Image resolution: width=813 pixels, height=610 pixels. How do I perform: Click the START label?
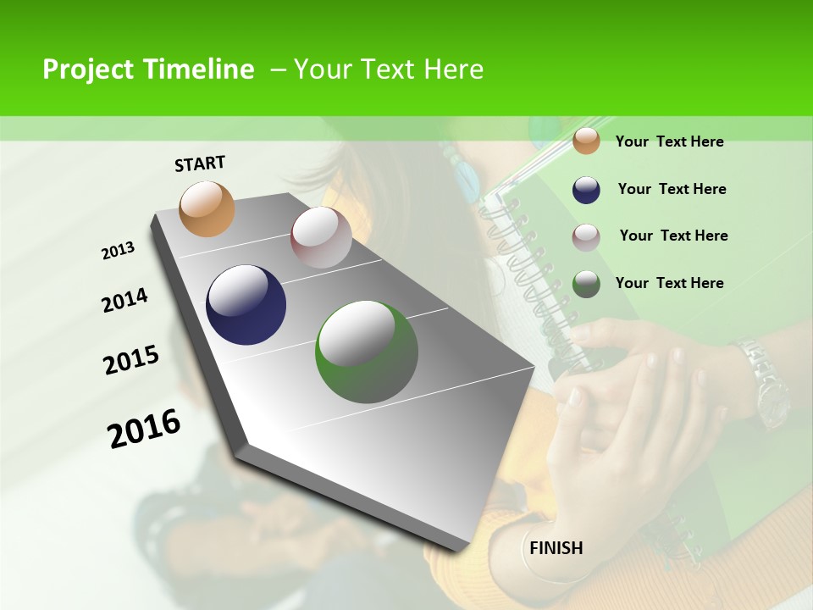click(200, 164)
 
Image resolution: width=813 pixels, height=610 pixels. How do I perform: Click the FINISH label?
click(556, 548)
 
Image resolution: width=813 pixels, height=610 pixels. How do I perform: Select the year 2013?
click(118, 251)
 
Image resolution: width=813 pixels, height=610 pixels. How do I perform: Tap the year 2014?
click(124, 301)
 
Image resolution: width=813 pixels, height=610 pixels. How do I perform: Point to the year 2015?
click(131, 360)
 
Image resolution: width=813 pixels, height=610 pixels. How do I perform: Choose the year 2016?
click(144, 429)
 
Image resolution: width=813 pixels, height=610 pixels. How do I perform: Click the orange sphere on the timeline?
click(207, 208)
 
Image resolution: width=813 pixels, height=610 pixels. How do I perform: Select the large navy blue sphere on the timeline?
click(246, 305)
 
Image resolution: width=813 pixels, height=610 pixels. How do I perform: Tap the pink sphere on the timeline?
click(321, 237)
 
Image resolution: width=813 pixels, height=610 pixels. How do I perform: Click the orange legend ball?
click(586, 141)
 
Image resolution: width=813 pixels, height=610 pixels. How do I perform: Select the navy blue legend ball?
click(586, 190)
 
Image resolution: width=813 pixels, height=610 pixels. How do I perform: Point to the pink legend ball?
click(586, 237)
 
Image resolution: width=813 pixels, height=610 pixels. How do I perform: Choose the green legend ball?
click(586, 284)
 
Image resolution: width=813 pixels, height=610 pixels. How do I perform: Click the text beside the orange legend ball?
click(669, 141)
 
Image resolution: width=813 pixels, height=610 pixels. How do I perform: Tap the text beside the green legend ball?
click(669, 283)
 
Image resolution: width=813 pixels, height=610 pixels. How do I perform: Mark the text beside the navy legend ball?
click(672, 189)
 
